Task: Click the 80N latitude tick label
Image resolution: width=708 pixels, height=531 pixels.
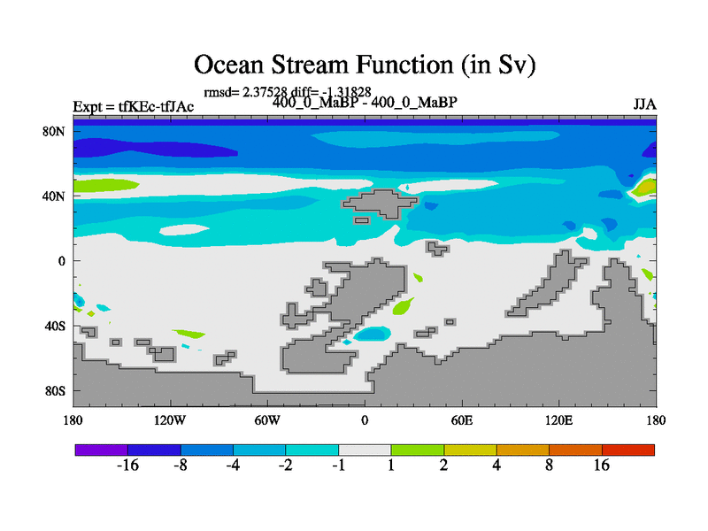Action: coord(54,131)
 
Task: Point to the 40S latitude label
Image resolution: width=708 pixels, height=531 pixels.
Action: coord(55,326)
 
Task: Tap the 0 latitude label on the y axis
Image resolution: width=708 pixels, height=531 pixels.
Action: coord(61,261)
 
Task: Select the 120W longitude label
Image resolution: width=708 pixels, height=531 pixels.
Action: coord(170,420)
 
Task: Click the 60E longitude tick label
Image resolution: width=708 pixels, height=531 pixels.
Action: coord(462,420)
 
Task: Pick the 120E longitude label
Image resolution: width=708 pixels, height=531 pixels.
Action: coord(559,420)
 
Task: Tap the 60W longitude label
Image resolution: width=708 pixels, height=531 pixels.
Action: coord(267,420)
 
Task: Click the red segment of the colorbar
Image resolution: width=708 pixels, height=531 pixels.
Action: coord(628,450)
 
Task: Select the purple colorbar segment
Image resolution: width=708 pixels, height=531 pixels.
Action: coord(102,450)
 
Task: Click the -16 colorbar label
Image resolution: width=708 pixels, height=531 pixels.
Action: coord(127,465)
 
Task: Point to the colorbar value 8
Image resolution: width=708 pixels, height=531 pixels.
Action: coord(549,465)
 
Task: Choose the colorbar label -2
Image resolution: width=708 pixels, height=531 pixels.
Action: coord(285,465)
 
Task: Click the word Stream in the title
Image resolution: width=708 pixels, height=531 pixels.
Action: coord(309,65)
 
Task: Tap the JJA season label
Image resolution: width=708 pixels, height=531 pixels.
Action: coord(644,104)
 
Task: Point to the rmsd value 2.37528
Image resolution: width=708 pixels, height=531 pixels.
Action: coord(265,92)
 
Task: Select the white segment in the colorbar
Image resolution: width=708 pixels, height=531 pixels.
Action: coord(365,450)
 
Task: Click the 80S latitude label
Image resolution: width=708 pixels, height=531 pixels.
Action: coord(55,391)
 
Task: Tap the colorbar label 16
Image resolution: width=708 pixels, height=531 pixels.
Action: coord(602,465)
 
